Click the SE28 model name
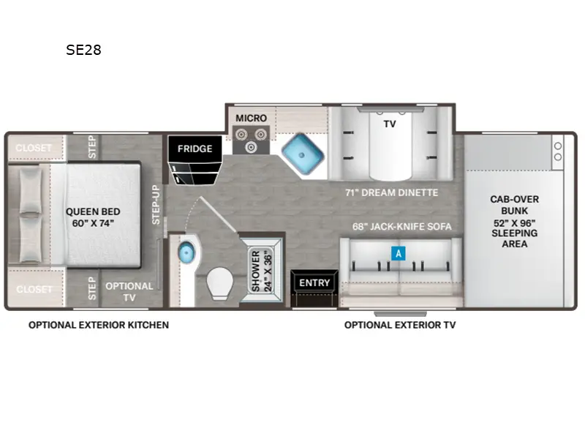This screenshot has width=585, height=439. [x=83, y=50]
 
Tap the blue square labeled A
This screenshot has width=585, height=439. [x=399, y=253]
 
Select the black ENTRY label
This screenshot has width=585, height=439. [x=314, y=282]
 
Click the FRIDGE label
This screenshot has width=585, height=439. [x=195, y=149]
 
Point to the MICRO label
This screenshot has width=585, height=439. [x=251, y=118]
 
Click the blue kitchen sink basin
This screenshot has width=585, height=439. [x=302, y=154]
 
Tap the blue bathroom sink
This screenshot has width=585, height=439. [x=186, y=252]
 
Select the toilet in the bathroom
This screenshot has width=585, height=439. [x=220, y=283]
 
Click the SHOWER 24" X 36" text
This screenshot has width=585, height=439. [x=262, y=271]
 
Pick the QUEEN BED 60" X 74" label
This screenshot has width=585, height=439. [x=93, y=217]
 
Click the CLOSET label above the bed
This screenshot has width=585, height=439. [x=34, y=148]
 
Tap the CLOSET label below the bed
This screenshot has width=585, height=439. [x=34, y=289]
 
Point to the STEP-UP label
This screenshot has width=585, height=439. [x=156, y=205]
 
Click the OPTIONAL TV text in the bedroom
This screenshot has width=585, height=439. [x=129, y=291]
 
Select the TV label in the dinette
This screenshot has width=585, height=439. [x=390, y=124]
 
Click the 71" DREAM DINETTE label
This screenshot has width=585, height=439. [x=392, y=192]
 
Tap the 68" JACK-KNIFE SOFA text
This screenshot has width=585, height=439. [x=401, y=227]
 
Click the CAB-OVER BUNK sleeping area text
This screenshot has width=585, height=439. [x=515, y=222]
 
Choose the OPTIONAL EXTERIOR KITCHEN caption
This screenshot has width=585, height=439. [x=99, y=325]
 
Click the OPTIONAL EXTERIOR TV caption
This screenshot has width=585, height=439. [x=400, y=325]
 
